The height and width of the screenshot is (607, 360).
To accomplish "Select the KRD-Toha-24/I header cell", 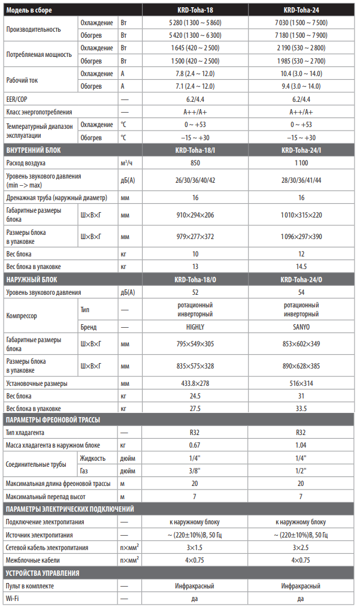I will pos(301,150).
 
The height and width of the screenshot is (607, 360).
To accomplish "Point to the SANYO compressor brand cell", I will pos(301,327).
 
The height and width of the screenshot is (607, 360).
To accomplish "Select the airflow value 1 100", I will pos(301,163).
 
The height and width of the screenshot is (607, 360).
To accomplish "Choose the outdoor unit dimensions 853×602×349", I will pos(301,344).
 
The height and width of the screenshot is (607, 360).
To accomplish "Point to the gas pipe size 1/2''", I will pos(301,471).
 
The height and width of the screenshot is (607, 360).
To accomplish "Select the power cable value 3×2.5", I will pos(301,548).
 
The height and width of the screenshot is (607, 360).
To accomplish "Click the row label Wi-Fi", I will pos(12,599).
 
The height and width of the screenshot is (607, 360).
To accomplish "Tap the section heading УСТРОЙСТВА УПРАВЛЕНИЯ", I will pos(43,573).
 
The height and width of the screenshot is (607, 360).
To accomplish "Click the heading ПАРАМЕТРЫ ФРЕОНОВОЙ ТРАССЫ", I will pos(53,420).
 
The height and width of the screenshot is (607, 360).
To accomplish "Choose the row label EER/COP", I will pos(17,99).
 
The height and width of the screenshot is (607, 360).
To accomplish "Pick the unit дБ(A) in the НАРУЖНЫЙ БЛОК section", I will pos(128,292).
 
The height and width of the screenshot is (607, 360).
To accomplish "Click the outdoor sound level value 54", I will pos(301,292).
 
